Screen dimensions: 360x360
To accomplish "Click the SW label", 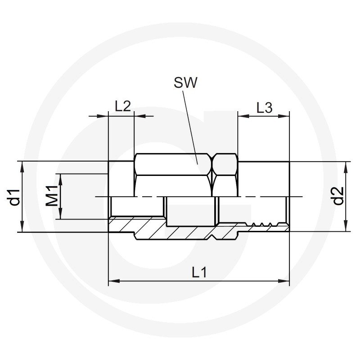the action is tap(185, 83).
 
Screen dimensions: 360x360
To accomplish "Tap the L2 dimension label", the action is tap(122, 106).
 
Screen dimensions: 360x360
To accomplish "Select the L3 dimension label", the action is tap(264, 108).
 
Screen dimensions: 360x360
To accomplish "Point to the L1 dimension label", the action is tap(199, 272).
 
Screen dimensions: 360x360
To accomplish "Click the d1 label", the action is tap(14, 197).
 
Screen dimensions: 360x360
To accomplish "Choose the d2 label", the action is tap(338, 196).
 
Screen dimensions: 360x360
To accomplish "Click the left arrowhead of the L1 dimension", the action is tap(114, 281).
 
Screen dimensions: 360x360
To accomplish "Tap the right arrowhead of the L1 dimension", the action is tap(284, 281).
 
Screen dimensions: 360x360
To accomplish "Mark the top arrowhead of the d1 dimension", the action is tap(22, 167).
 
